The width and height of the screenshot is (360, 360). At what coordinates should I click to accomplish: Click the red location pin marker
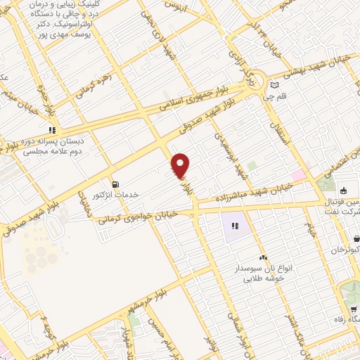pyautogui.click(x=181, y=165)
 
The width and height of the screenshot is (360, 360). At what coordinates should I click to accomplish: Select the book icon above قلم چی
pyautogui.click(x=274, y=86)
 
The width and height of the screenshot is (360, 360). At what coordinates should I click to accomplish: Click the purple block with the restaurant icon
pyautogui.click(x=235, y=226)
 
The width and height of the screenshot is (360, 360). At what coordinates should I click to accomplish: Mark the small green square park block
pyautogui.click(x=252, y=165)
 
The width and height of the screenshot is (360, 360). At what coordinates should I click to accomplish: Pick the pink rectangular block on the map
pyautogui.click(x=298, y=174)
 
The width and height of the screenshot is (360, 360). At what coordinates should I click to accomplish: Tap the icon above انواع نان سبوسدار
pyautogui.click(x=263, y=258)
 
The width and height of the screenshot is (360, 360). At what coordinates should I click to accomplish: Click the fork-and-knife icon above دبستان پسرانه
pyautogui.click(x=51, y=130)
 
